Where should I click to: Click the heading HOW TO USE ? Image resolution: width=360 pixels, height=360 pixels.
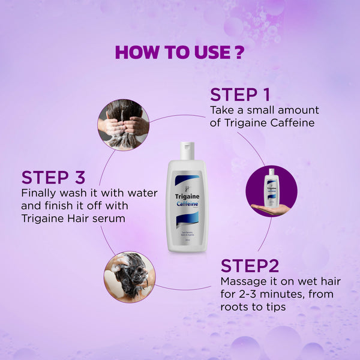[x=179, y=52]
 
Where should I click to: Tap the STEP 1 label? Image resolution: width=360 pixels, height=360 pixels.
[x=239, y=95]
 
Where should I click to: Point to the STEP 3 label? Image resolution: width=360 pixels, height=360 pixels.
[x=53, y=177]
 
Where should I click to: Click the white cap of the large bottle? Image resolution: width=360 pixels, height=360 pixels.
[x=187, y=151]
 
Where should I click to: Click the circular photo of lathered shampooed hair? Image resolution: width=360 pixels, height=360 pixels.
[x=130, y=277]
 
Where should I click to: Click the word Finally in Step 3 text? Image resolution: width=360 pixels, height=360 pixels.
[x=39, y=193]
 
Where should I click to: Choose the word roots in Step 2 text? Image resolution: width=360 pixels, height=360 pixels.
[x=236, y=307]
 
